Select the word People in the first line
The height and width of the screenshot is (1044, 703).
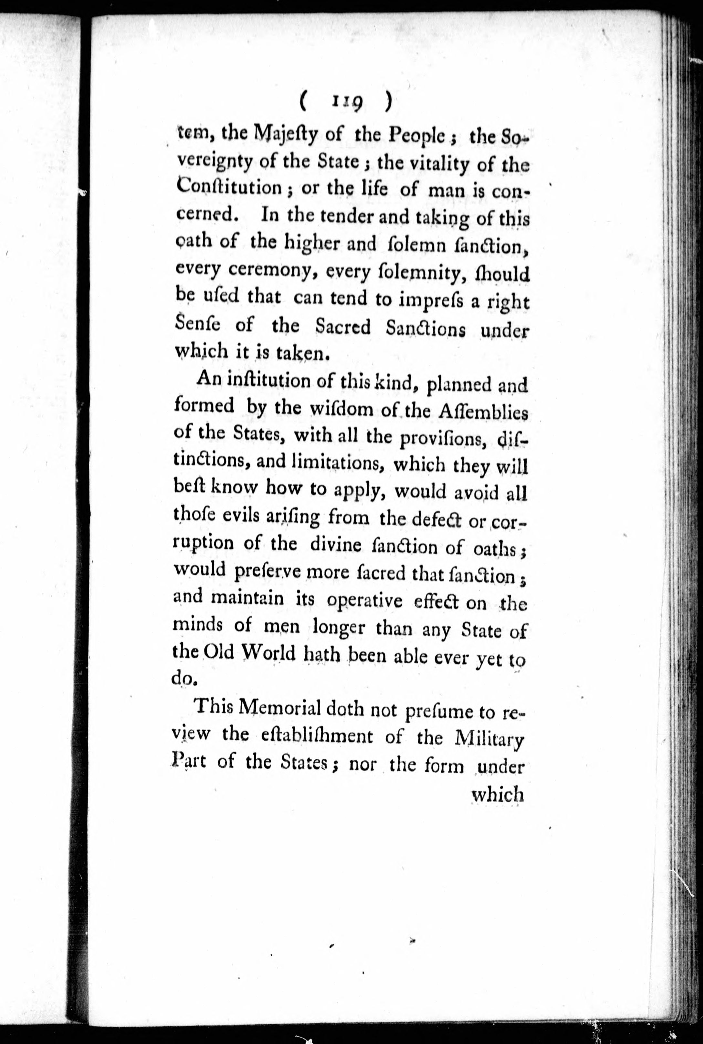(x=417, y=135)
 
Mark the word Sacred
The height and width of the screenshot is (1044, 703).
(x=343, y=327)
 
